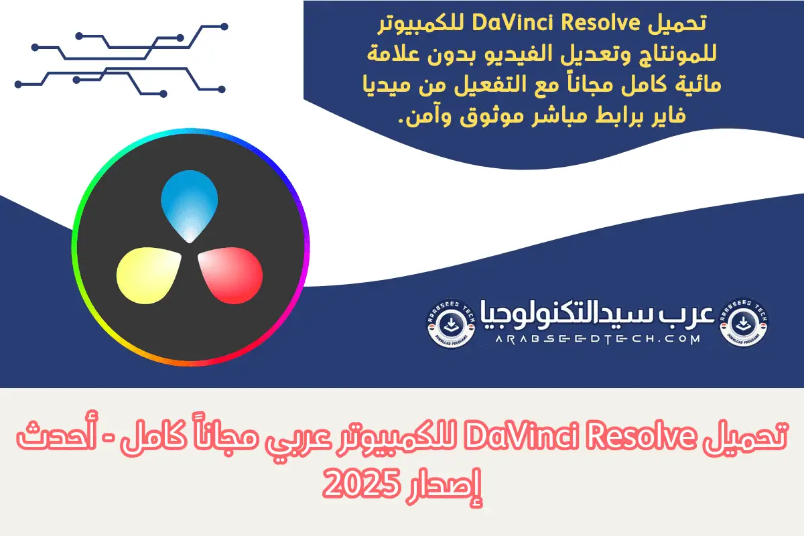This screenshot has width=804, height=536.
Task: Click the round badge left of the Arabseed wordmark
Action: tap(451, 323)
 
